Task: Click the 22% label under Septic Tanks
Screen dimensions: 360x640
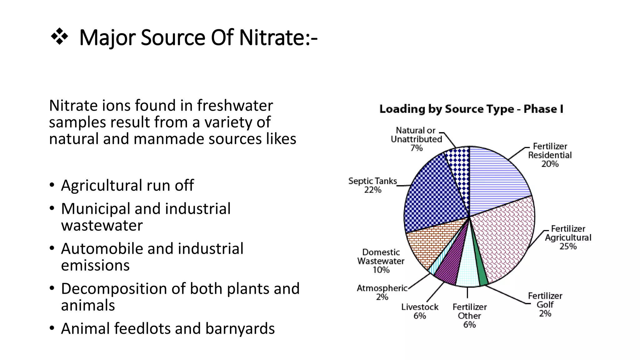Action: tap(372, 190)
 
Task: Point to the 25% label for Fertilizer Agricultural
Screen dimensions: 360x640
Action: tap(568, 247)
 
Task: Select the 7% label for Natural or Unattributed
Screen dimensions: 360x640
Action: tap(416, 148)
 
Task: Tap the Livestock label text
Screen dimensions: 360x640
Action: tap(420, 307)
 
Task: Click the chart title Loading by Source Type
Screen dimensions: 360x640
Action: tap(471, 109)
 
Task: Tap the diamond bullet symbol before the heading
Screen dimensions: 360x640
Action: tap(59, 37)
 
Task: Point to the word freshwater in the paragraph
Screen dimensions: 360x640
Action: tap(235, 106)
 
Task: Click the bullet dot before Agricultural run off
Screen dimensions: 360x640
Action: tap(52, 185)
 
